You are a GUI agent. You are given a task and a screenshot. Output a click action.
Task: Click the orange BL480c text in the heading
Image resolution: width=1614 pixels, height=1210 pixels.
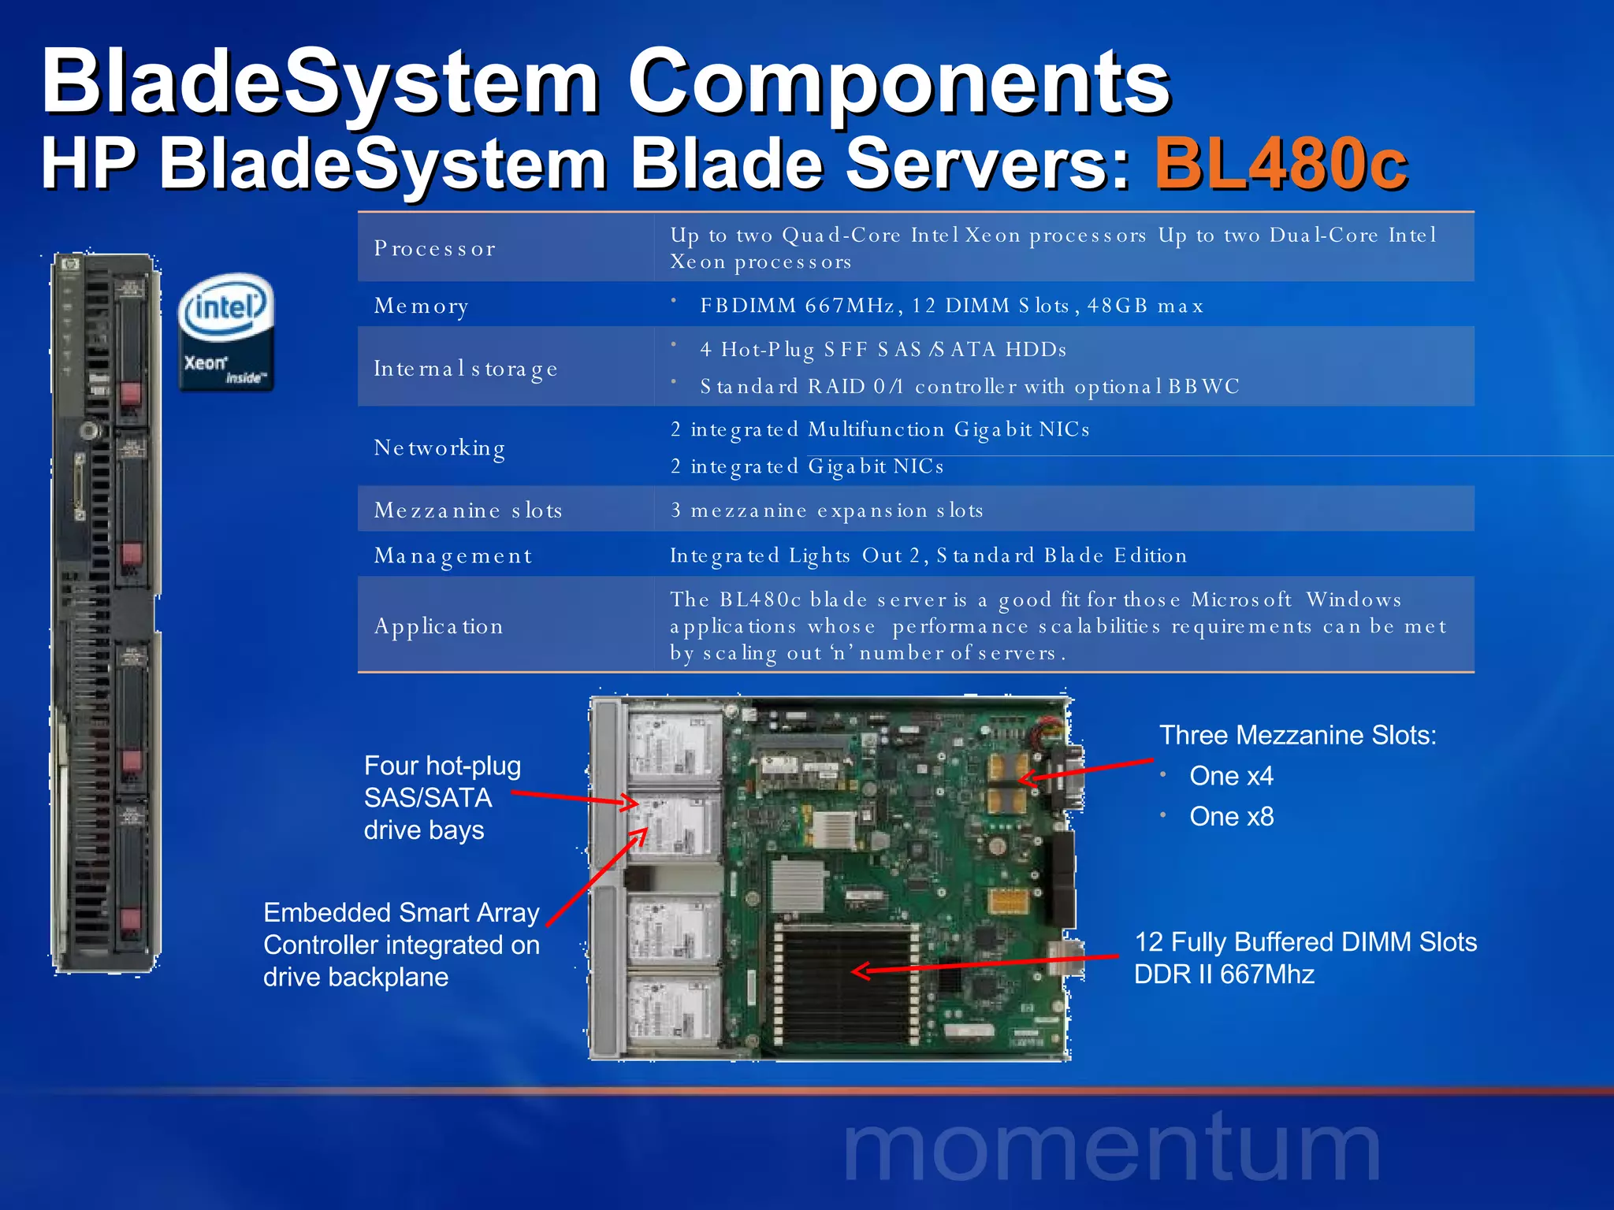[x=1281, y=164]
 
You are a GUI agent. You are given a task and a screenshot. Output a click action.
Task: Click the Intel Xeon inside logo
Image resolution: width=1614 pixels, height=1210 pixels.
[x=226, y=332]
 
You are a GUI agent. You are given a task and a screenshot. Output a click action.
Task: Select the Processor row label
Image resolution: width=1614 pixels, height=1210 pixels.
[x=435, y=249]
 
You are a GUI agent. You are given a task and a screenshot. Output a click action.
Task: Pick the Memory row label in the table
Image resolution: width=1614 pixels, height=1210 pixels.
[x=422, y=306]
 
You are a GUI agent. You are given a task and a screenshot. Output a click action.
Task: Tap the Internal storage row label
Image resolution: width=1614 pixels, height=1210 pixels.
[x=466, y=369]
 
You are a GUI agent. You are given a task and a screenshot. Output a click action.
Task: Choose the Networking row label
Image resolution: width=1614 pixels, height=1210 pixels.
[x=440, y=448]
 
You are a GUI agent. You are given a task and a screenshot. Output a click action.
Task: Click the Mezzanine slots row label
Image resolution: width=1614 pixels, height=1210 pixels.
[x=468, y=510]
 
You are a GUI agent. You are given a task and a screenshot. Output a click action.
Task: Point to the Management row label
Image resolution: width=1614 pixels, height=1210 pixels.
[x=453, y=556]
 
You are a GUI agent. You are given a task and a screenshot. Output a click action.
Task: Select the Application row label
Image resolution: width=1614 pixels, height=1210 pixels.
[x=438, y=626]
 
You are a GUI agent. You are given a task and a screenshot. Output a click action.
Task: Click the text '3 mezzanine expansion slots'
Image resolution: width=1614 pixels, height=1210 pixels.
[x=827, y=510]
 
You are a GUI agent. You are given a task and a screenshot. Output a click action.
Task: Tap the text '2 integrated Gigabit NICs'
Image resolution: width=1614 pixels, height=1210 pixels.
[x=807, y=466]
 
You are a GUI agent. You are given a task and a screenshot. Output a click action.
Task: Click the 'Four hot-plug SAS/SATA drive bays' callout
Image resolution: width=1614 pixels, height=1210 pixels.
[x=442, y=797]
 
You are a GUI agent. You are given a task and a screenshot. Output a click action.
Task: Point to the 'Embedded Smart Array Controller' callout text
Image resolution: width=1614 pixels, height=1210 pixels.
[x=401, y=945]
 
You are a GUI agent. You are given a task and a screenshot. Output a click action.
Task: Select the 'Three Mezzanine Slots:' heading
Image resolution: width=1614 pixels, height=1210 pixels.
[x=1297, y=735]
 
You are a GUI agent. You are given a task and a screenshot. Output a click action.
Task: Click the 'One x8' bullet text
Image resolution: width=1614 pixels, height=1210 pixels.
[x=1231, y=817]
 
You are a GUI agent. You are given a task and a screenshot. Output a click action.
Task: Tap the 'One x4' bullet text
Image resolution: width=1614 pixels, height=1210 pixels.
[x=1231, y=776]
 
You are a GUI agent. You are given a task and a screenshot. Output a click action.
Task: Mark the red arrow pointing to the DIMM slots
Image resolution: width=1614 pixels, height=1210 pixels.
[x=985, y=965]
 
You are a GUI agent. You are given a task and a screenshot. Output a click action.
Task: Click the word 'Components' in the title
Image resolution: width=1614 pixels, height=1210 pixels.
[x=898, y=82]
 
